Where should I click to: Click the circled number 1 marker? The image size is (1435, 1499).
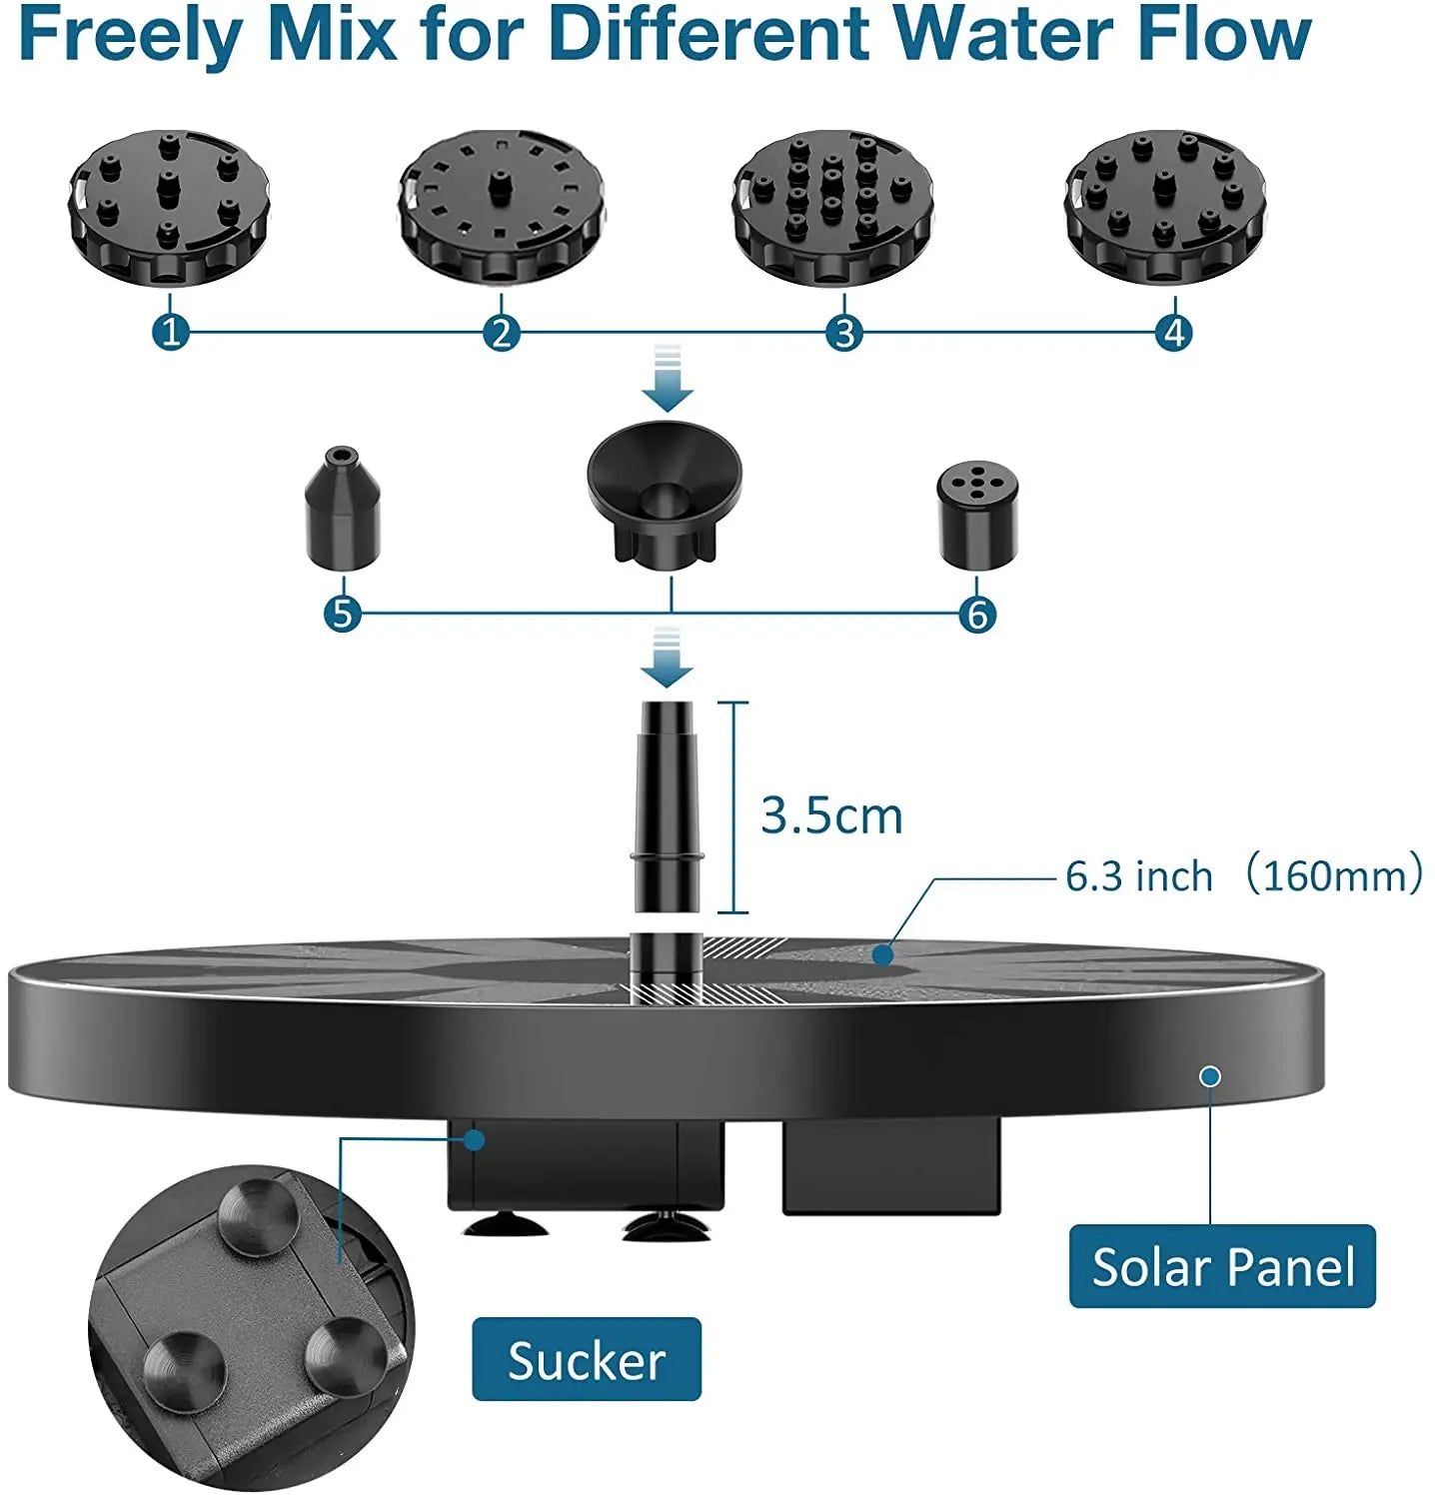click(171, 332)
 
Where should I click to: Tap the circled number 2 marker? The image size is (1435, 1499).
click(502, 332)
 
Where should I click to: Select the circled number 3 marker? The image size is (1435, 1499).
click(844, 332)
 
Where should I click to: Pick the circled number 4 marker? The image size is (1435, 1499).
click(1174, 332)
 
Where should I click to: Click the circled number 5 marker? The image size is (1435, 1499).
click(343, 614)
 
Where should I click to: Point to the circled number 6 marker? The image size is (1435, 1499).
click(977, 614)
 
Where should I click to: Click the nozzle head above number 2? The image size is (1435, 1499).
click(502, 207)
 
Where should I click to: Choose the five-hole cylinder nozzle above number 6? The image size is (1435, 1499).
click(977, 514)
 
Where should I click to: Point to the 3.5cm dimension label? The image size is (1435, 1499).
click(831, 815)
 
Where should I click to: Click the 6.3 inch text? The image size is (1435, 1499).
click(1138, 876)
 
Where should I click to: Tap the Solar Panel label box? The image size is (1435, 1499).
click(1222, 1266)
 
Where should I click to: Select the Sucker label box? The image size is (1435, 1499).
click(587, 1359)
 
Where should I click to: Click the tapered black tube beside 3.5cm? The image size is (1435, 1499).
click(667, 804)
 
